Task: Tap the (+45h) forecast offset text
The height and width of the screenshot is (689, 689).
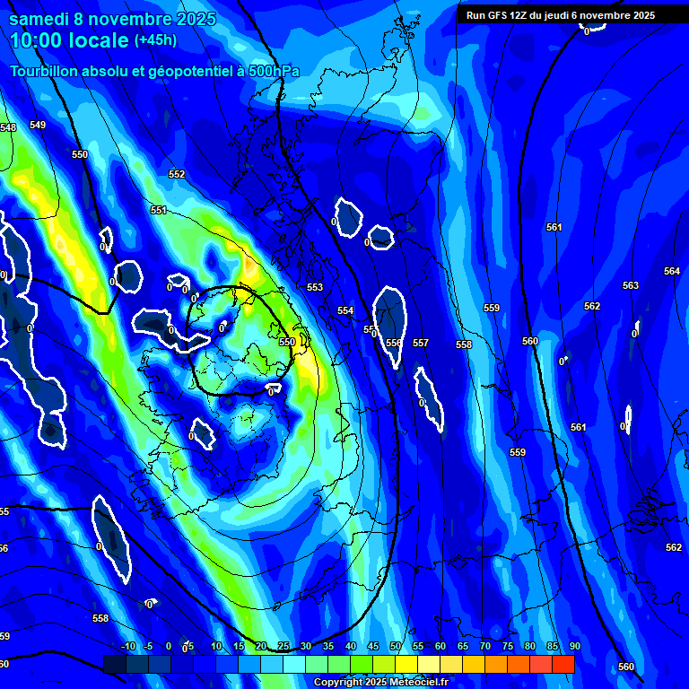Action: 155,39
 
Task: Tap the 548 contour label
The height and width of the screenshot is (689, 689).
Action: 8,128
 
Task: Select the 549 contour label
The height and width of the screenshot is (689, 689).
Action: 37,125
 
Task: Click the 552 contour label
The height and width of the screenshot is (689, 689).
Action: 177,174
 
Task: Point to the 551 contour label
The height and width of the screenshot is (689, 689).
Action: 159,210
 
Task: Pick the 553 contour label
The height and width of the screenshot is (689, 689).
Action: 315,287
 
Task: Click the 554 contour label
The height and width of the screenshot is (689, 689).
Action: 345,310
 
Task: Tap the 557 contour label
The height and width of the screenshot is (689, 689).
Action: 421,343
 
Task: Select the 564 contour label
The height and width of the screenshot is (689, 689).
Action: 672,271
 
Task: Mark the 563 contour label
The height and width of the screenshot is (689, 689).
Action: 631,285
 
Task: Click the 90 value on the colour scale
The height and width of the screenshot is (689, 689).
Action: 574,646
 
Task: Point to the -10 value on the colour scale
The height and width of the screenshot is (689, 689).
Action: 127,646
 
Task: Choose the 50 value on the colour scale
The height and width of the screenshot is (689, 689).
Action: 396,646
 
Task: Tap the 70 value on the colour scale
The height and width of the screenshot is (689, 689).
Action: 485,646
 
